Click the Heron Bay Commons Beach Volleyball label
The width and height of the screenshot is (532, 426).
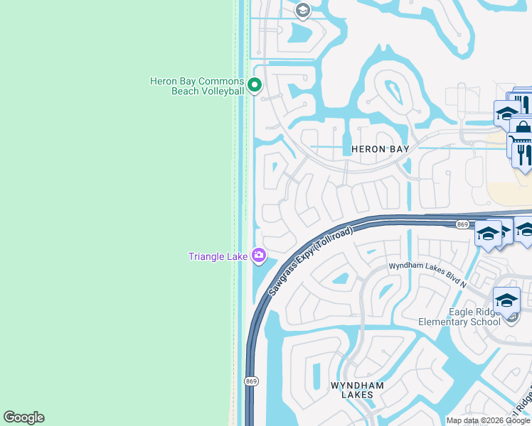pyautogui.click(x=197, y=86)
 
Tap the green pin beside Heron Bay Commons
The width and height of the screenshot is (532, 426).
pyautogui.click(x=255, y=86)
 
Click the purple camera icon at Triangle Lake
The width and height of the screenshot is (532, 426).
pyautogui.click(x=259, y=255)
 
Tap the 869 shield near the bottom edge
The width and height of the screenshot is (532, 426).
pyautogui.click(x=251, y=381)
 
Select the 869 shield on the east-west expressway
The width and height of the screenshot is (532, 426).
pyautogui.click(x=462, y=224)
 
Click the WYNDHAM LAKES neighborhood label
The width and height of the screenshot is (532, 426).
pyautogui.click(x=357, y=390)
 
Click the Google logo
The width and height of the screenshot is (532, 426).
pyautogui.click(x=23, y=417)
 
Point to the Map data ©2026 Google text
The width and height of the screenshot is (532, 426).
pyautogui.click(x=487, y=420)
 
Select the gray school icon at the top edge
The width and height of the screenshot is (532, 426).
pyautogui.click(x=302, y=10)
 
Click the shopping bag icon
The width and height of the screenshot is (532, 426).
pyautogui.click(x=523, y=129)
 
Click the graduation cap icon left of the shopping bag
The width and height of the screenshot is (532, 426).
pyautogui.click(x=506, y=113)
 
